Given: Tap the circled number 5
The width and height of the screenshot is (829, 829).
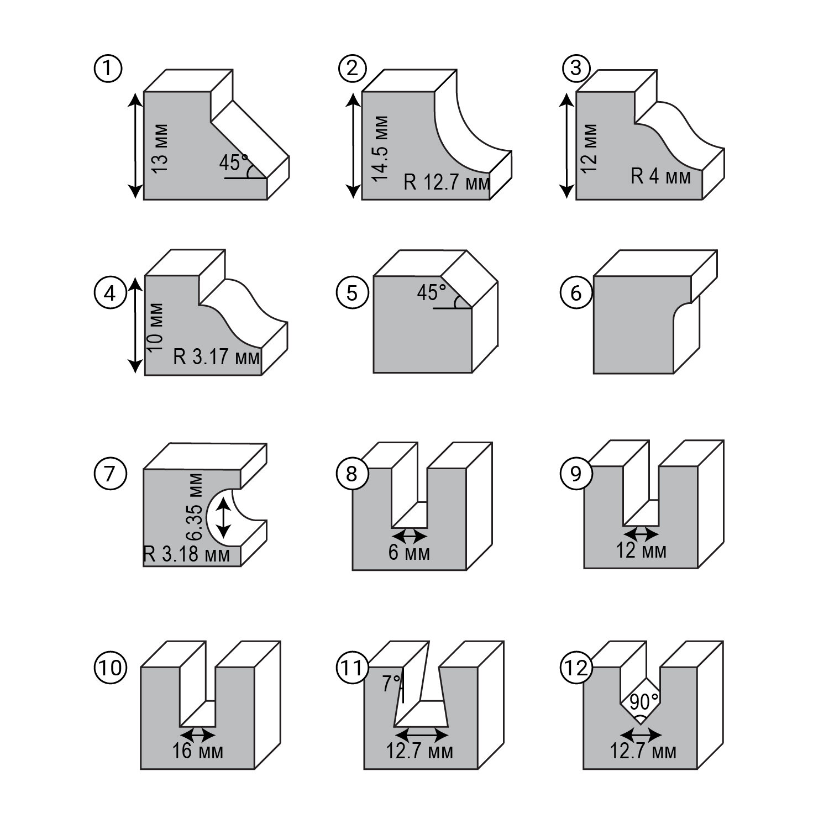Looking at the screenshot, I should click(x=352, y=292).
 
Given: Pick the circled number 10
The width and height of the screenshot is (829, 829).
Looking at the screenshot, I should click(x=111, y=667).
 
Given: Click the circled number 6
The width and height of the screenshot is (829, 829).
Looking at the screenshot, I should click(x=575, y=292).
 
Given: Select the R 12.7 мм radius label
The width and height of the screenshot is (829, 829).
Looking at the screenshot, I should click(x=447, y=182).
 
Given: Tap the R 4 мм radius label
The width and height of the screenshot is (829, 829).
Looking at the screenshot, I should click(x=660, y=176).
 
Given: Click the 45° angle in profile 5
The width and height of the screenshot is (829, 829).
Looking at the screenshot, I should click(x=432, y=292).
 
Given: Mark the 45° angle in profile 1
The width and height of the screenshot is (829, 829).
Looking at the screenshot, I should click(x=234, y=162).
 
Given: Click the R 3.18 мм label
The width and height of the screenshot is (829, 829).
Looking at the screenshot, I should click(x=186, y=554).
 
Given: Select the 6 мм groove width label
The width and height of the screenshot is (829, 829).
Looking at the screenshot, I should click(x=408, y=552).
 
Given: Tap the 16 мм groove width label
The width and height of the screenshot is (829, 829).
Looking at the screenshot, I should click(x=197, y=752).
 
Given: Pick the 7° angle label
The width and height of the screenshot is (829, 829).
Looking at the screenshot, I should click(x=391, y=684).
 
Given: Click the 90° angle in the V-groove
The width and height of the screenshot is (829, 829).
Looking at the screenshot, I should click(x=640, y=702).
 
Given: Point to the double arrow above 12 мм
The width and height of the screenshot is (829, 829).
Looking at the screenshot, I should click(x=641, y=534).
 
